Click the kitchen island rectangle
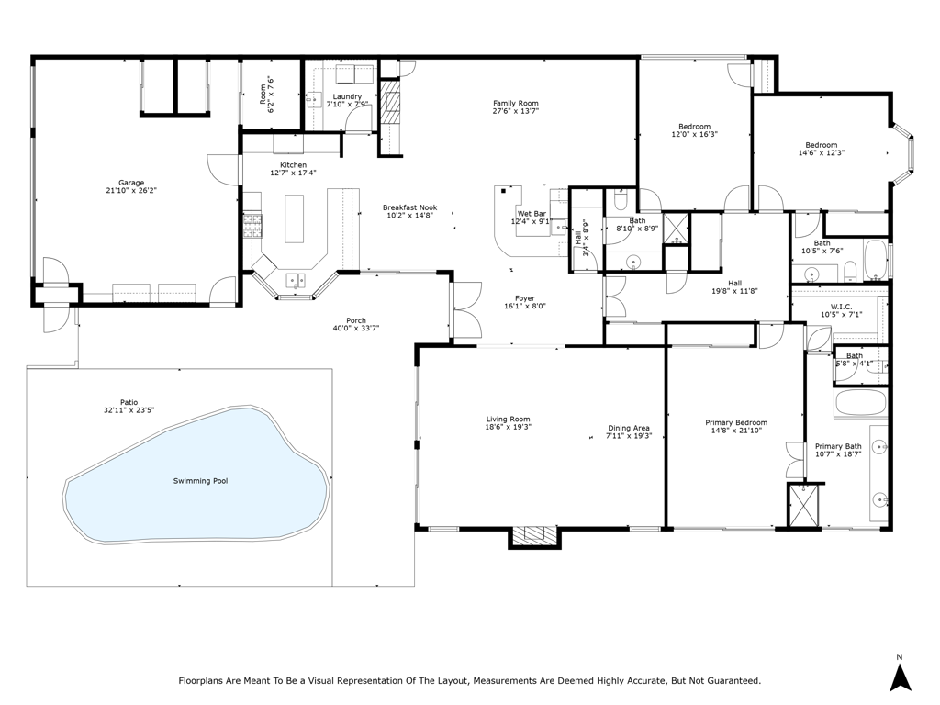pos(294,218)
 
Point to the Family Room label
pos(515,103)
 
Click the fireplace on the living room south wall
pos(534,537)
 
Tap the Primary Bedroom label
pos(735,422)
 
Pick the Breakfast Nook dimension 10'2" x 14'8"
pos(409,217)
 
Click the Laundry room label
pos(347,96)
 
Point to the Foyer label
pos(524,297)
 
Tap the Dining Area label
pos(629,427)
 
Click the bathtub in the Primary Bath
pos(860,403)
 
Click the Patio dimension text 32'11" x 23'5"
pos(130,411)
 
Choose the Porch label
pos(355,320)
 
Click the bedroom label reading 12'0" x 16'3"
pos(694,135)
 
